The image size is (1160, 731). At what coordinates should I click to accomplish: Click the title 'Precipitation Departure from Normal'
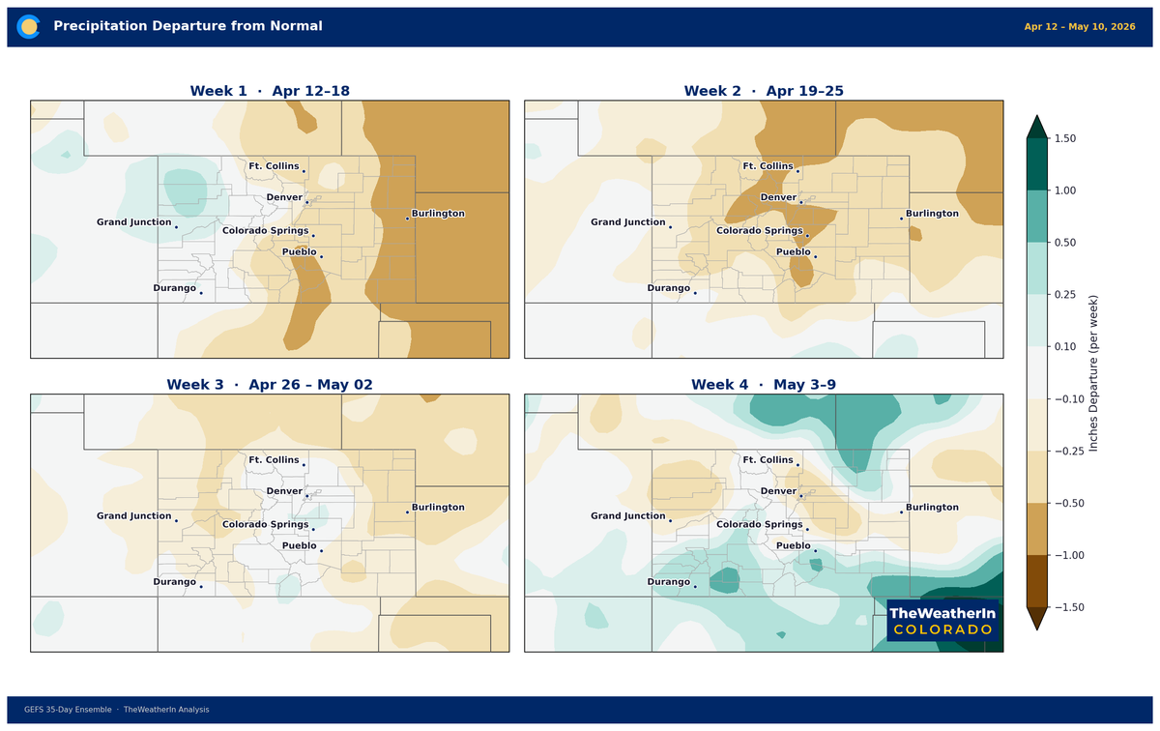pyautogui.click(x=188, y=26)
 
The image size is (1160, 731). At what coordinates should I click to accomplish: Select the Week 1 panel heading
pyautogui.click(x=270, y=91)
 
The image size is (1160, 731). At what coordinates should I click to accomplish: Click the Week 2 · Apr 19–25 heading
pyautogui.click(x=764, y=91)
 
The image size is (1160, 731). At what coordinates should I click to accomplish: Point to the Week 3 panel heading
pyautogui.click(x=270, y=384)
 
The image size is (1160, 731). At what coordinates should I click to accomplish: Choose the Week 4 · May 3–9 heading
pyautogui.click(x=764, y=384)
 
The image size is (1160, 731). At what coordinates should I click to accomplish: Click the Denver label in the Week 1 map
pyautogui.click(x=283, y=197)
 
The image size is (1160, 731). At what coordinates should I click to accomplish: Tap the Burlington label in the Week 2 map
pyautogui.click(x=932, y=214)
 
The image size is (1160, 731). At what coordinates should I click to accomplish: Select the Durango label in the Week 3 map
pyautogui.click(x=174, y=581)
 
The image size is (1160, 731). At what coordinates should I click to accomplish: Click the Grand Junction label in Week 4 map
pyautogui.click(x=628, y=515)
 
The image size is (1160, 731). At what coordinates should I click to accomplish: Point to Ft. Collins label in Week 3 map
pyautogui.click(x=274, y=459)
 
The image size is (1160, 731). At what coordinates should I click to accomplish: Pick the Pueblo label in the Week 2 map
pyautogui.click(x=793, y=251)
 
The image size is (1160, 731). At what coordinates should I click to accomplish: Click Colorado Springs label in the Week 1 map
pyautogui.click(x=265, y=230)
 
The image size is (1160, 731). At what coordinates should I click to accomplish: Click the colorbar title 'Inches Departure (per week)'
pyautogui.click(x=1093, y=373)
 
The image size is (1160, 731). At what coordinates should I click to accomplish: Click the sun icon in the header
pyautogui.click(x=29, y=26)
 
